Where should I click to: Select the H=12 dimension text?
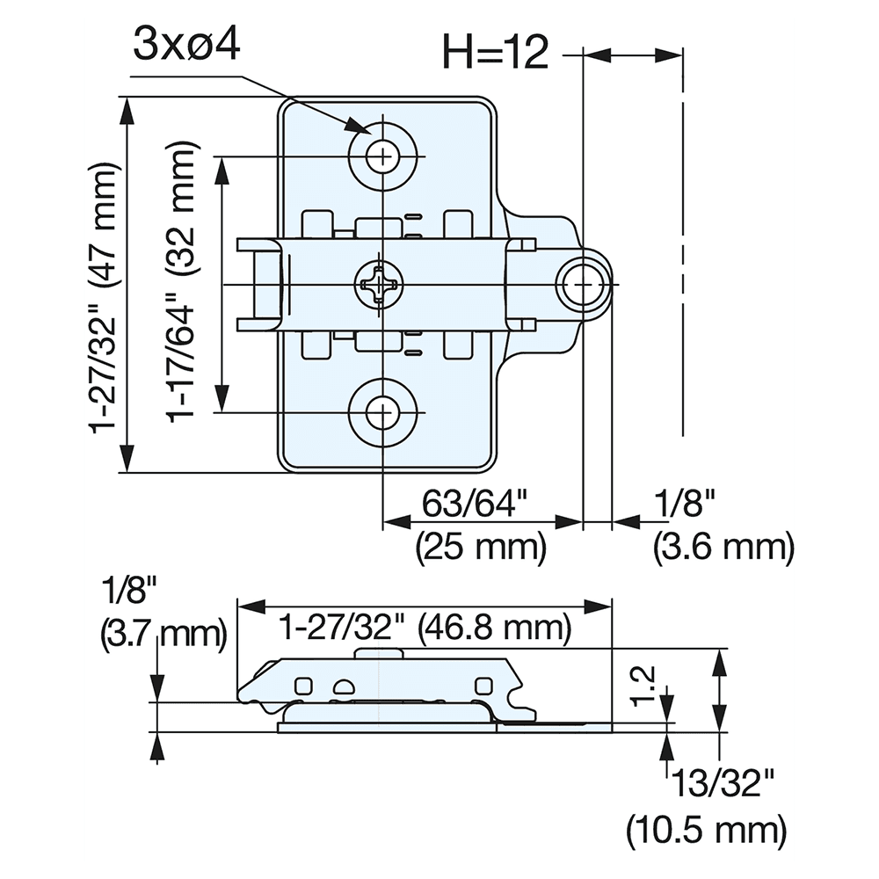click(496, 54)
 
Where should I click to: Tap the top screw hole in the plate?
click(382, 157)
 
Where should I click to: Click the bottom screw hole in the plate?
click(382, 412)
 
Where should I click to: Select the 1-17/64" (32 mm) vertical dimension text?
click(183, 284)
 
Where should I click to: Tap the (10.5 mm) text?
click(706, 828)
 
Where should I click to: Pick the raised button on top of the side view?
click(380, 652)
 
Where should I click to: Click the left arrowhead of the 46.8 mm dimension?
click(250, 606)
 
